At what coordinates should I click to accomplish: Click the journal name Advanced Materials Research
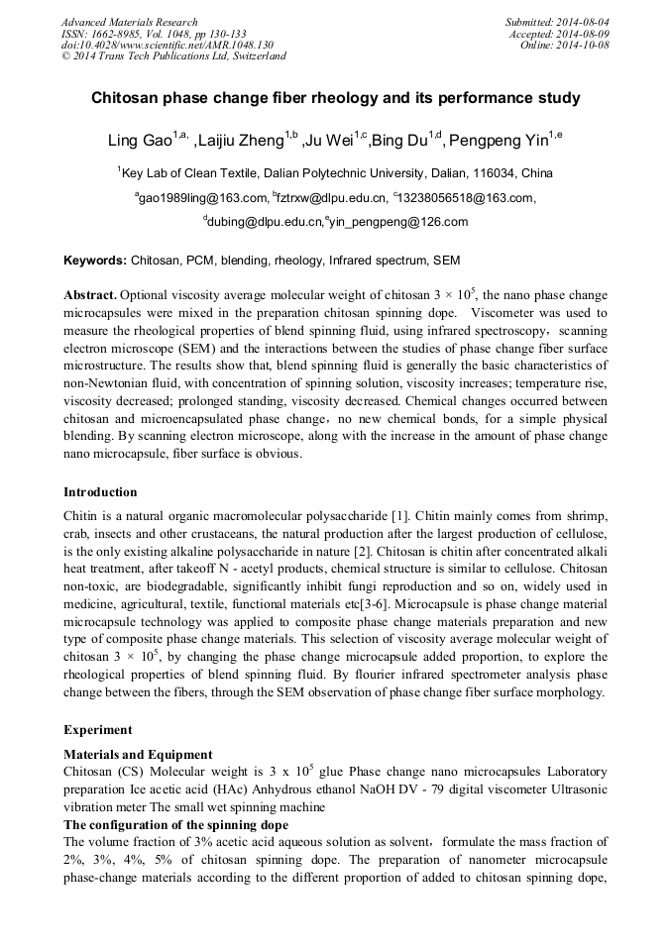129,22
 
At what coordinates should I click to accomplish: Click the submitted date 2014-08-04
584,22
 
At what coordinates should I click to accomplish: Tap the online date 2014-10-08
584,45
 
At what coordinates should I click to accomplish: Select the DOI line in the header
168,45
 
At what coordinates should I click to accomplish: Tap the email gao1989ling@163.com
203,198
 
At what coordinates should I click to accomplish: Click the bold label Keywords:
95,261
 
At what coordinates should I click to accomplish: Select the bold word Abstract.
90,296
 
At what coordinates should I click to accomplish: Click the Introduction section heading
100,492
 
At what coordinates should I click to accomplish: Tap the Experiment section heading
98,730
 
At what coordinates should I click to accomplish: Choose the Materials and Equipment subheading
137,755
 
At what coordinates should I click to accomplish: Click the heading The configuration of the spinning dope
175,825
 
